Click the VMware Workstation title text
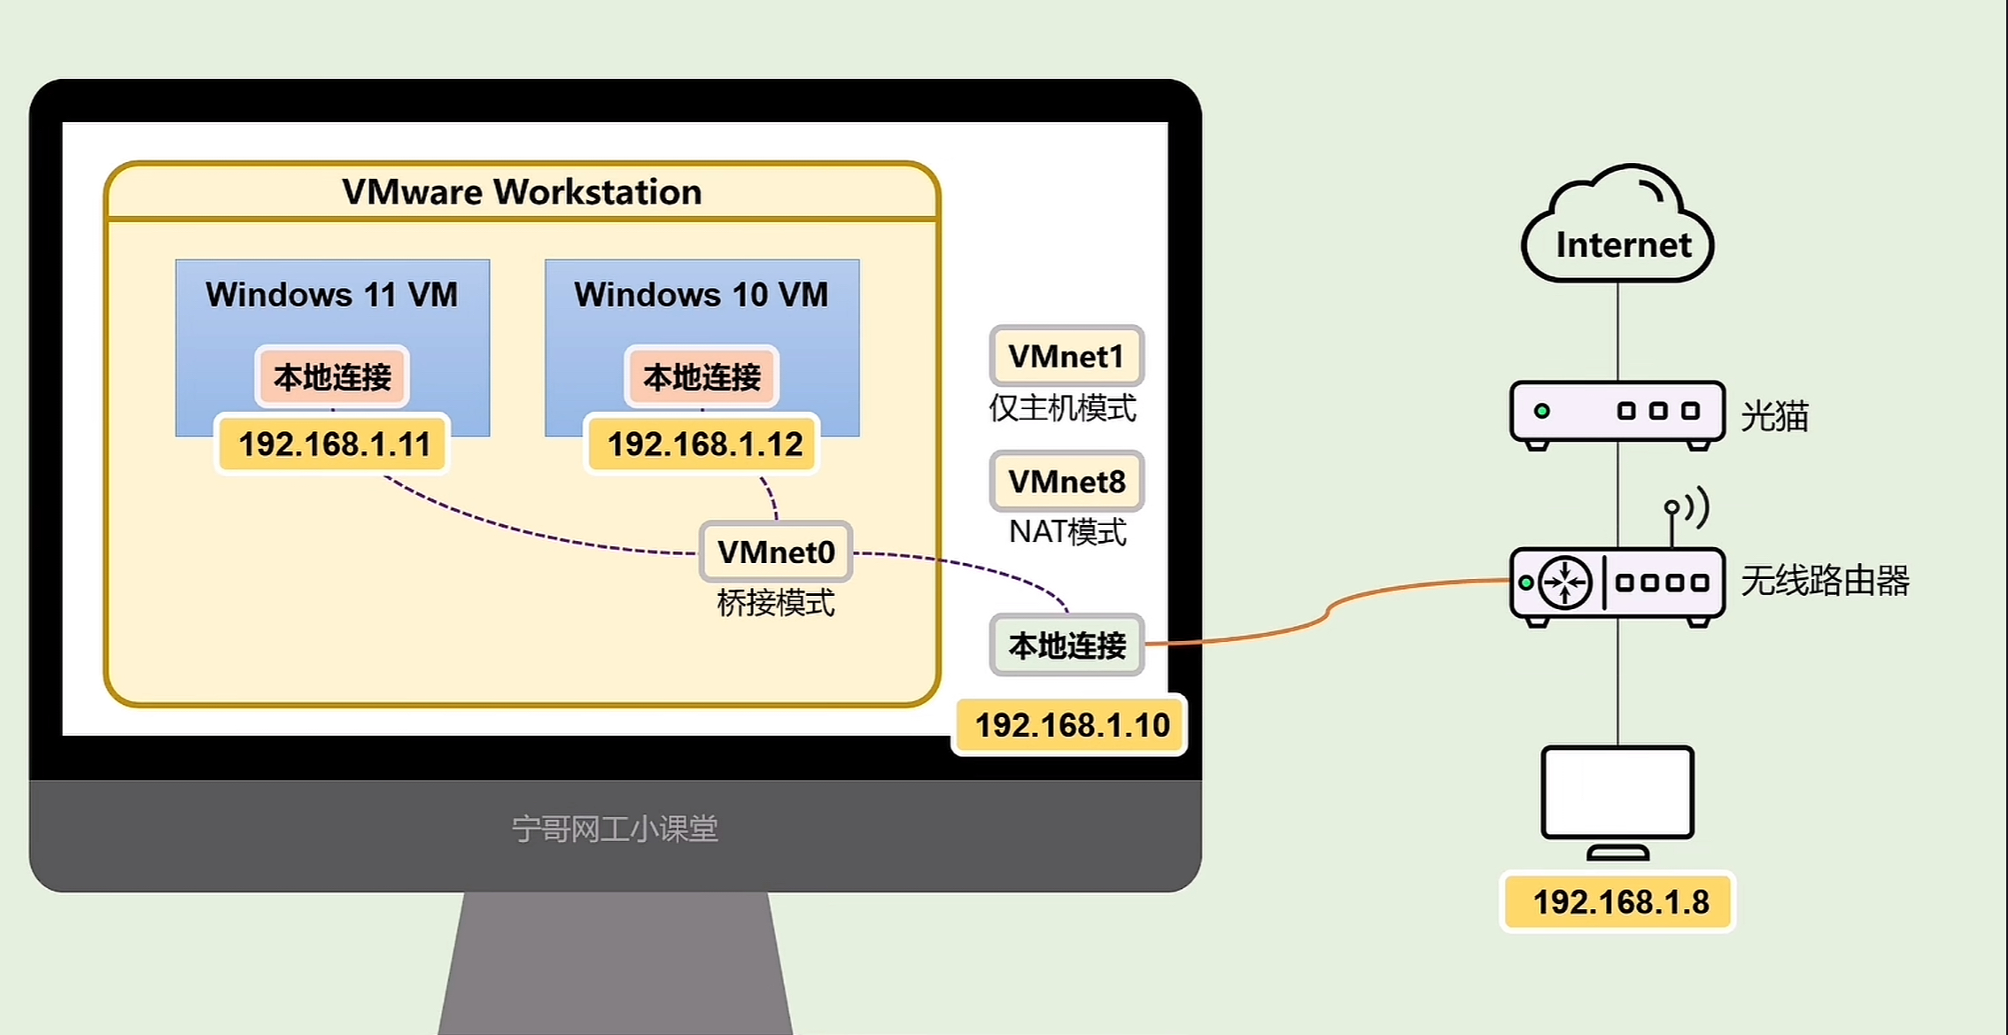tap(522, 192)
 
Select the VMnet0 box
tap(776, 552)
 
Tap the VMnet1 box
tap(1066, 356)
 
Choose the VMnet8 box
tap(1066, 482)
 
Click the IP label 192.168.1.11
tap(334, 444)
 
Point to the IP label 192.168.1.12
tap(704, 444)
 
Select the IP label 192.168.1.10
tap(1072, 725)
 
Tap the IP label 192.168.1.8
tap(1620, 902)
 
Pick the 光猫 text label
tap(1774, 416)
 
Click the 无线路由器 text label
tap(1825, 581)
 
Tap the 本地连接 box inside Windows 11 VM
tap(332, 377)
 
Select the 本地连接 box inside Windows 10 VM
tap(702, 377)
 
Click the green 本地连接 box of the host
tap(1067, 645)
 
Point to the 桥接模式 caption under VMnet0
tap(775, 603)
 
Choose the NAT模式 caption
tap(1067, 532)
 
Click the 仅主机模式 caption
tap(1062, 408)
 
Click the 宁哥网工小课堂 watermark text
tap(615, 829)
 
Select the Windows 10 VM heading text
tap(701, 294)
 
